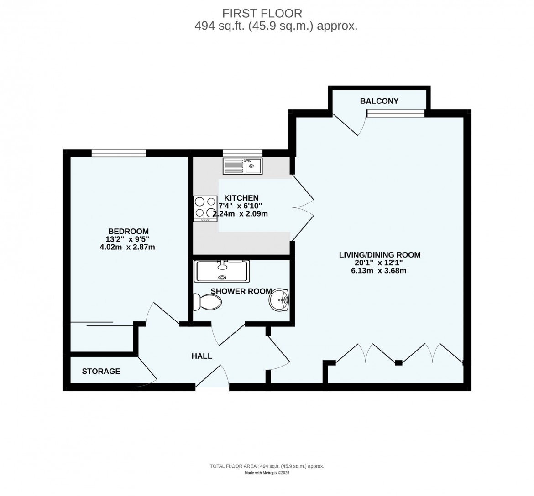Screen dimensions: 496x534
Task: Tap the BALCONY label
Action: click(379, 101)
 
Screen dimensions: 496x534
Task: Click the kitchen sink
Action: click(242, 166)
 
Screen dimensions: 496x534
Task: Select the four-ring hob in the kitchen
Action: click(205, 208)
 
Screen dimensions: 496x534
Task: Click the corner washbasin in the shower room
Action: click(279, 300)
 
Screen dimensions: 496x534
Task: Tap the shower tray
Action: click(221, 272)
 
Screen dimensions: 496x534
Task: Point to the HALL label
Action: click(202, 356)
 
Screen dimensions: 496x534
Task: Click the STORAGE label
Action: click(101, 371)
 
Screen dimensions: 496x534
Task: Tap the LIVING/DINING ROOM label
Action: click(379, 255)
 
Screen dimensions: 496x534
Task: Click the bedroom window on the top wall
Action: click(119, 153)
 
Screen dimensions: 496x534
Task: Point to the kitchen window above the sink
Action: click(242, 153)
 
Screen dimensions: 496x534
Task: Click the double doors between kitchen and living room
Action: click(302, 207)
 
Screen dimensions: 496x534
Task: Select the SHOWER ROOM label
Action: click(241, 291)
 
